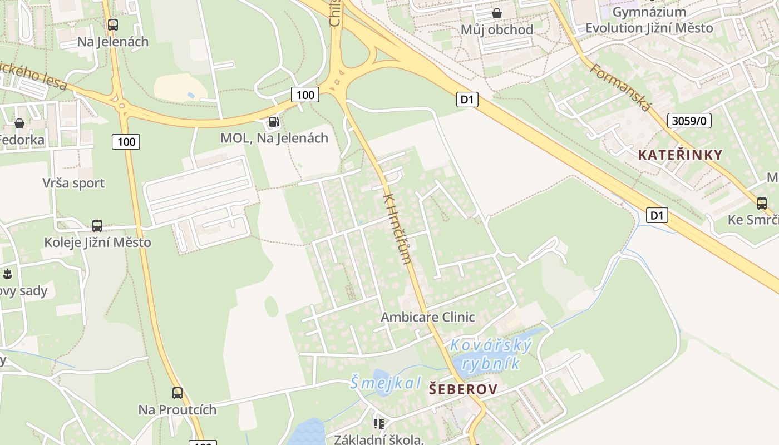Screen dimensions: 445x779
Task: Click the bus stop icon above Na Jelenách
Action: [x=113, y=25]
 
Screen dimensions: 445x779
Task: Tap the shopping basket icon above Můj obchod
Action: [x=496, y=13]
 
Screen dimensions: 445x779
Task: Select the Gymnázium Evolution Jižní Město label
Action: [x=649, y=20]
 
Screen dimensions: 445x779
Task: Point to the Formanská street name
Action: [x=619, y=87]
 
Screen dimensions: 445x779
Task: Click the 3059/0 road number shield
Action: [x=689, y=121]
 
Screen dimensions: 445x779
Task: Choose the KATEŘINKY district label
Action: [x=680, y=155]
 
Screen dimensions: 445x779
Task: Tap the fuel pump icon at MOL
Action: [x=274, y=122]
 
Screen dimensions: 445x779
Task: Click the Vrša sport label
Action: [x=73, y=183]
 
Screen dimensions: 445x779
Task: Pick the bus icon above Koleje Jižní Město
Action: [x=97, y=226]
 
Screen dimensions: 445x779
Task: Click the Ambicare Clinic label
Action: [x=427, y=317]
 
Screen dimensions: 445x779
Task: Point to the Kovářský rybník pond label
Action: [x=490, y=354]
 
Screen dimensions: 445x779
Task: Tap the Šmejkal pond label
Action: [x=385, y=383]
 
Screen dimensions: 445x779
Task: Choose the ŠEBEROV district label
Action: [x=463, y=389]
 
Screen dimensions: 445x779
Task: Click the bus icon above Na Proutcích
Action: [x=177, y=393]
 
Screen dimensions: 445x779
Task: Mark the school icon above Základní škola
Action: [x=379, y=424]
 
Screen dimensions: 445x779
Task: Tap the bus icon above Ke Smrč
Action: [x=761, y=204]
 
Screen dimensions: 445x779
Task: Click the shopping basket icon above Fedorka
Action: [x=19, y=123]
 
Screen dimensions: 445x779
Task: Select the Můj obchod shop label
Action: [x=496, y=29]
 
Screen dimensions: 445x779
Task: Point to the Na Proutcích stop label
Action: [x=177, y=409]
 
